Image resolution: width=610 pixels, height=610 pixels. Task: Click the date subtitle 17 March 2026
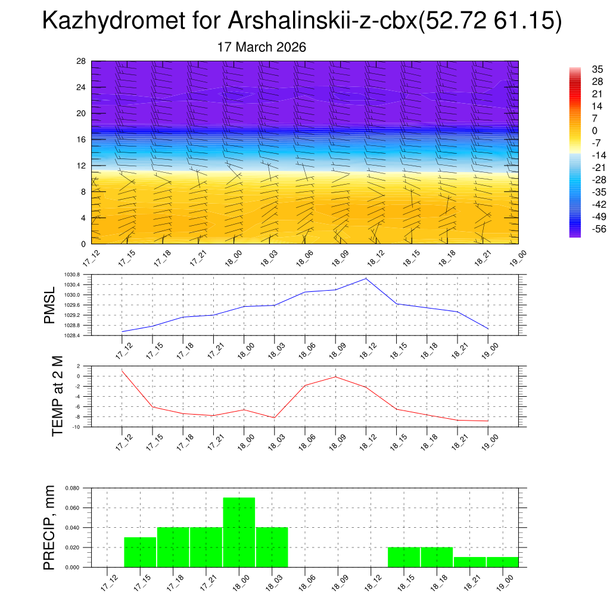tap(262, 47)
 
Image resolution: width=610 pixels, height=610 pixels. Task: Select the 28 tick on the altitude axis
tap(81, 61)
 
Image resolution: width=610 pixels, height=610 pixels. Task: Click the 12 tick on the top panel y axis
tap(81, 166)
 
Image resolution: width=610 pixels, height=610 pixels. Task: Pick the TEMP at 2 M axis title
tap(57, 396)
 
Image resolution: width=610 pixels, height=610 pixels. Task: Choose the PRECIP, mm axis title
tap(50, 527)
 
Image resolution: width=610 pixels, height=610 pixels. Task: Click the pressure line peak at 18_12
tap(366, 279)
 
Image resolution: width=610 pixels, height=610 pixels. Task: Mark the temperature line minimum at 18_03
tap(274, 418)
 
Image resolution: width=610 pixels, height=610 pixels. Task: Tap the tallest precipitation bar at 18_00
tap(239, 532)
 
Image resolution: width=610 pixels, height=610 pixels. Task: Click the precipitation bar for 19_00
tap(502, 562)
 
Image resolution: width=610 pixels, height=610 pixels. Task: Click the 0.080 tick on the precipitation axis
tap(71, 488)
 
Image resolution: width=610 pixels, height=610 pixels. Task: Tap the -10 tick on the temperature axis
tap(76, 427)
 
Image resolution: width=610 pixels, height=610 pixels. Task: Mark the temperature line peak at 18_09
tap(335, 376)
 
